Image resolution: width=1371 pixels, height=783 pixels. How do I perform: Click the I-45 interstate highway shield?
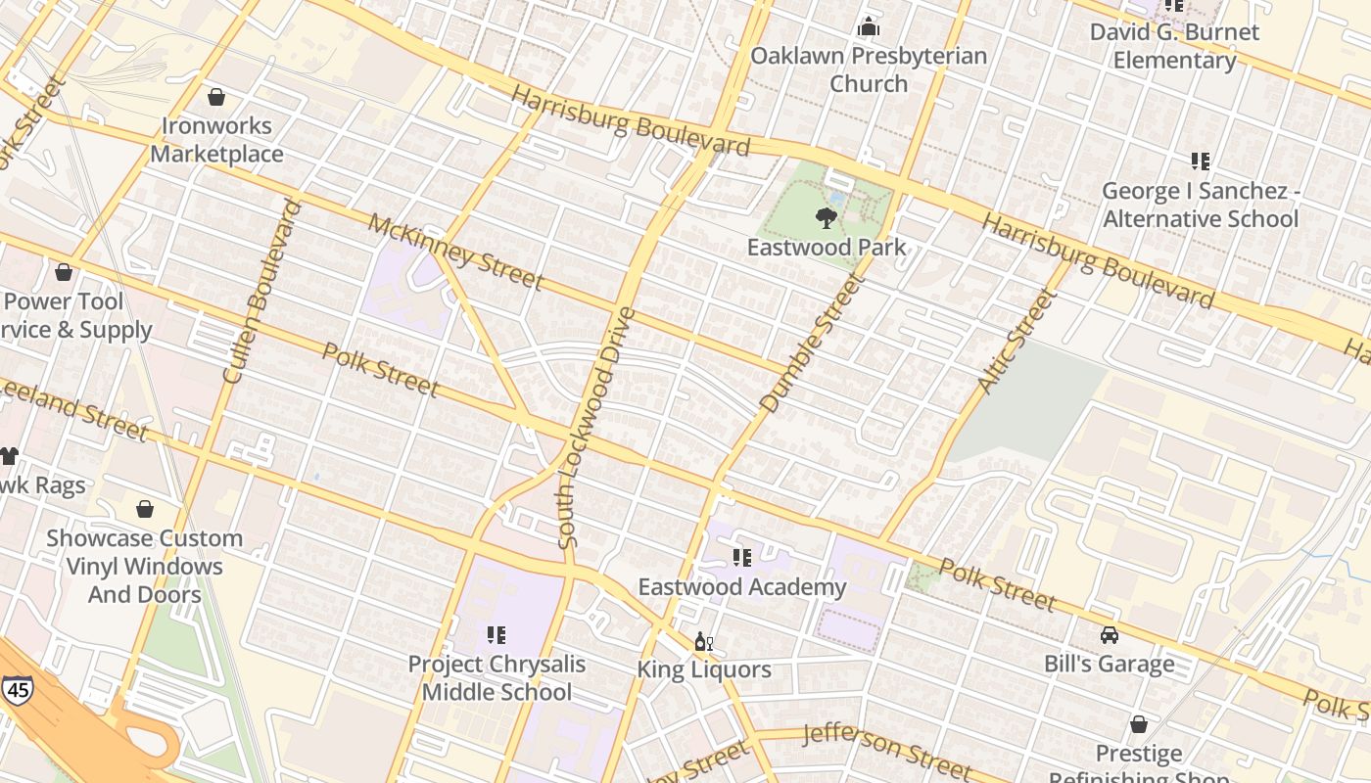coord(17,689)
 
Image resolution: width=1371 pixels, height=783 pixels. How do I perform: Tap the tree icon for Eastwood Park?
coord(827,217)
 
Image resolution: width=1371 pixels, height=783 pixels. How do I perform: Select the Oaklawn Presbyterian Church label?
coord(868,69)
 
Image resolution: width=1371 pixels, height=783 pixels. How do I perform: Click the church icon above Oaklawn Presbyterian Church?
coord(868,26)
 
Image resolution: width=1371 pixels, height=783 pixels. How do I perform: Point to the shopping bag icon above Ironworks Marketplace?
coord(216,97)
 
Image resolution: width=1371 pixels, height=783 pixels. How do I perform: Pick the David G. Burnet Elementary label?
coord(1174,46)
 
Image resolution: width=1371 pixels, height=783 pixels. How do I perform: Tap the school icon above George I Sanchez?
coord(1200,161)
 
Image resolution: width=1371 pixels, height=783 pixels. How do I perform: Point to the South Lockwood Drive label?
coord(595,428)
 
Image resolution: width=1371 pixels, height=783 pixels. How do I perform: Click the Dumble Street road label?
coord(812,343)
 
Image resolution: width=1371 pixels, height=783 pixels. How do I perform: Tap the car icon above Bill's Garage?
coord(1109,635)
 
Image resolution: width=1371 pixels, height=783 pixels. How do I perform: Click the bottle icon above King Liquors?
coord(702,642)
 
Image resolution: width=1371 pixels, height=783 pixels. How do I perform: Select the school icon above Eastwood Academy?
coord(742,558)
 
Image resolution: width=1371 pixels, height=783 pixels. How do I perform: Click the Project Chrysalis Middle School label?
coord(496,677)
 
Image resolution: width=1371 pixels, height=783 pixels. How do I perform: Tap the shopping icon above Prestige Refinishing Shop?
coord(1138,724)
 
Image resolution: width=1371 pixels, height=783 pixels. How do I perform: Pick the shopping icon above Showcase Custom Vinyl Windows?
coord(145,509)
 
